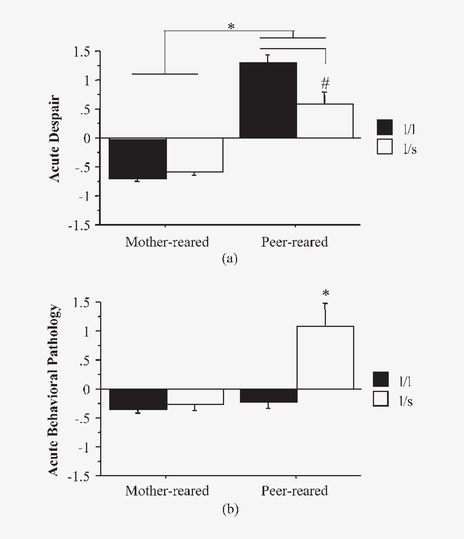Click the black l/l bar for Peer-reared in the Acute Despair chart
(268, 100)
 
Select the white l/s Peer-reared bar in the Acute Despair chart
(325, 121)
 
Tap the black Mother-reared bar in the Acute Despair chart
(138, 158)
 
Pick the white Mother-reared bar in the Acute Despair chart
(195, 155)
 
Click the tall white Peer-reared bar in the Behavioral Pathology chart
(325, 357)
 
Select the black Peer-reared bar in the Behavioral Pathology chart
(268, 395)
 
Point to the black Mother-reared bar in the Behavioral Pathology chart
(138, 399)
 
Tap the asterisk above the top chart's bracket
(231, 27)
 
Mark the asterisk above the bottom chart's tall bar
(325, 294)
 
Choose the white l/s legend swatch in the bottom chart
(381, 399)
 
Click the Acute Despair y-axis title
(55, 138)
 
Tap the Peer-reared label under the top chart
(294, 242)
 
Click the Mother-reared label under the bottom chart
(167, 490)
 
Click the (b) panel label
(230, 510)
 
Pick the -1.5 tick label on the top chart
(79, 225)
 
